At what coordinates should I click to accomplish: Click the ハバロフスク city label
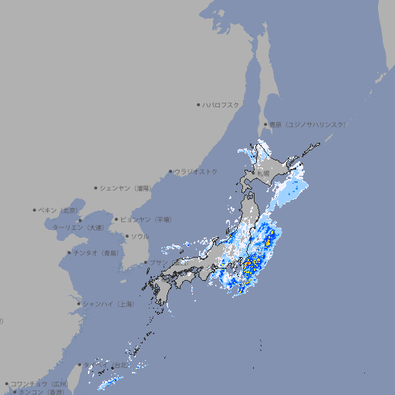(221, 104)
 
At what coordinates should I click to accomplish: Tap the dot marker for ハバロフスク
(198, 104)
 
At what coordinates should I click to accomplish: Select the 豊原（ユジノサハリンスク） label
(307, 124)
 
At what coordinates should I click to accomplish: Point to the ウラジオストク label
(196, 171)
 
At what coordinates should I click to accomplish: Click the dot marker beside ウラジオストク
(170, 171)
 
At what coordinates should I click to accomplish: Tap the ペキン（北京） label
(59, 210)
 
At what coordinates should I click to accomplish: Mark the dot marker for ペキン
(35, 210)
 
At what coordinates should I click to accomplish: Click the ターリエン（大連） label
(77, 228)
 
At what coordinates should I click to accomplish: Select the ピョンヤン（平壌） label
(146, 219)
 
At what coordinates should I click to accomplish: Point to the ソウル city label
(140, 236)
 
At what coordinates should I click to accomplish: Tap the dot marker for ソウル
(127, 236)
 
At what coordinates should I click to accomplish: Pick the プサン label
(157, 263)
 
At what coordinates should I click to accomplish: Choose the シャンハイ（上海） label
(108, 304)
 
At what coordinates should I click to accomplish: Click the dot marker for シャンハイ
(79, 304)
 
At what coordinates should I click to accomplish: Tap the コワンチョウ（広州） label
(39, 383)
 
